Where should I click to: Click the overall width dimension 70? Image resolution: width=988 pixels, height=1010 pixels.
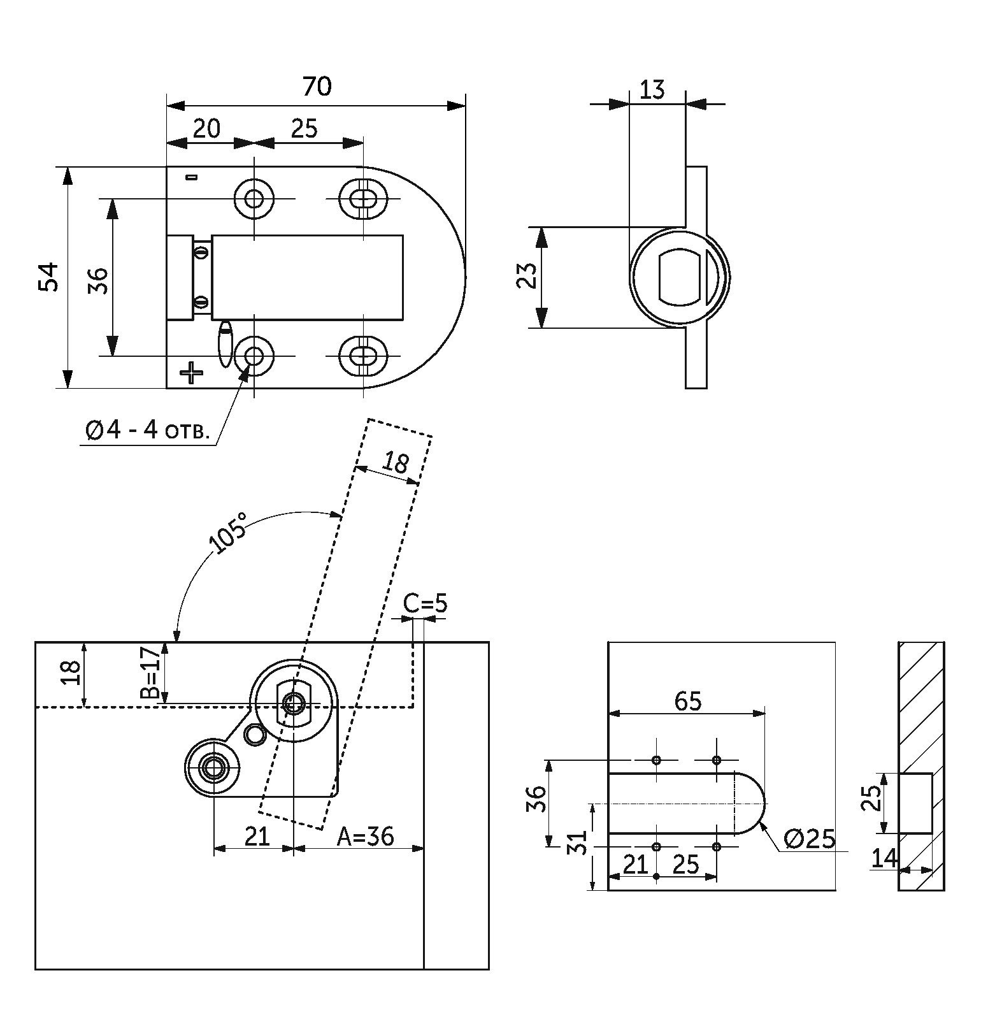(x=317, y=86)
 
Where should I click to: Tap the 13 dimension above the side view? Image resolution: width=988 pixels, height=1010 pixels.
(x=651, y=90)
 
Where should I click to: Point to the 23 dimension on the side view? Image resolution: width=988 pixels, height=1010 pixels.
(x=527, y=277)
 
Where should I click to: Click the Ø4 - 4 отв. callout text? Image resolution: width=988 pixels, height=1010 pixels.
(x=147, y=431)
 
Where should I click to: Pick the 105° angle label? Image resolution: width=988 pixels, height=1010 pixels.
(x=229, y=533)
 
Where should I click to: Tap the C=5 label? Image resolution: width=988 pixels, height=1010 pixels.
(x=425, y=603)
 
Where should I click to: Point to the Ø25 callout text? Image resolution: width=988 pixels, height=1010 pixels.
(x=809, y=839)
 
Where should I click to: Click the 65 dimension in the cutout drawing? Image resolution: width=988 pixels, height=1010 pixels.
(x=687, y=701)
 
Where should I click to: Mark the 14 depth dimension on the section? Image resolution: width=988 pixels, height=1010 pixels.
(x=884, y=858)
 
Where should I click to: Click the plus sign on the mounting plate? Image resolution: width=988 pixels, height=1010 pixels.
(x=190, y=372)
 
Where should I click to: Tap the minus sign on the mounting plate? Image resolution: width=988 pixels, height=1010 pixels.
(x=191, y=177)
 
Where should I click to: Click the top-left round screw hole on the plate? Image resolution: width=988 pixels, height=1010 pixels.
(x=254, y=199)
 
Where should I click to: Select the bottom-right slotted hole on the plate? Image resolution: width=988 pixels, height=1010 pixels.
(x=363, y=356)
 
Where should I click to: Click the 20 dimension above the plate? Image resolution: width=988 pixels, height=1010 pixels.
(x=206, y=129)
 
